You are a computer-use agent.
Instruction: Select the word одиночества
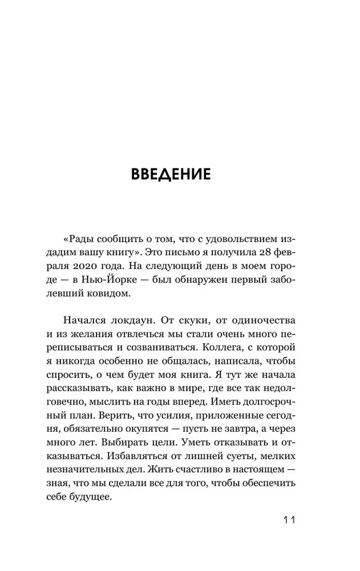tap(261, 324)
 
